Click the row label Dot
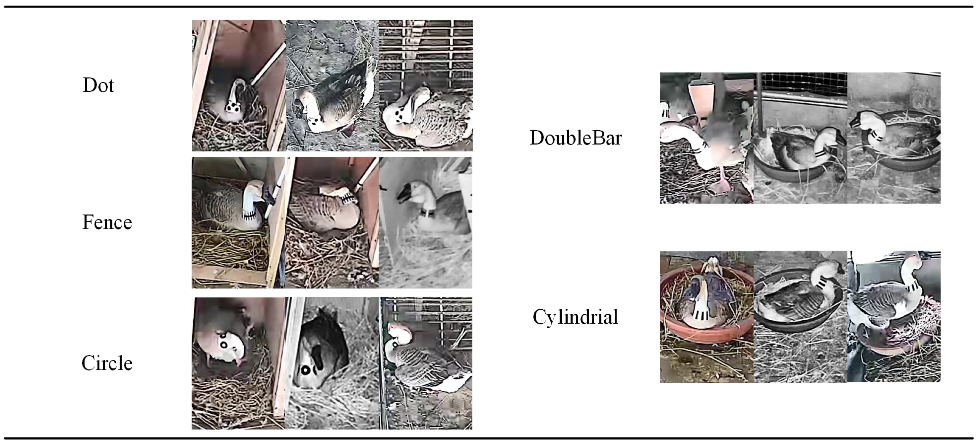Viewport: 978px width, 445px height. pyautogui.click(x=98, y=85)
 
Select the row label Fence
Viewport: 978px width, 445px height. pyautogui.click(x=107, y=222)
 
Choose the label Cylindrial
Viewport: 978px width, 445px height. pyautogui.click(x=576, y=317)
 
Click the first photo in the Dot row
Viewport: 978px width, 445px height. pyautogui.click(x=239, y=85)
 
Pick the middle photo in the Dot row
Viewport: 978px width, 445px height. pyautogui.click(x=332, y=85)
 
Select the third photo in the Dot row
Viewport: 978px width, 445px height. pyautogui.click(x=426, y=85)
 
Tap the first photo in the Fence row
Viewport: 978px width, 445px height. pyautogui.click(x=238, y=223)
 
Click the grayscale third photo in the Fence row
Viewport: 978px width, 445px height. pyautogui.click(x=426, y=223)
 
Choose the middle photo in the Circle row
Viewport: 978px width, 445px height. pyautogui.click(x=332, y=363)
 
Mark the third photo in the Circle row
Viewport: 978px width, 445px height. pyautogui.click(x=426, y=363)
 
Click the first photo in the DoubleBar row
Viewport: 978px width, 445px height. pyautogui.click(x=707, y=138)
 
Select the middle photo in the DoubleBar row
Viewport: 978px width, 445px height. pyautogui.click(x=800, y=138)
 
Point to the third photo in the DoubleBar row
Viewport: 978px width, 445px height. pyautogui.click(x=894, y=138)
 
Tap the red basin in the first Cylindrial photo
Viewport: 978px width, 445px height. pyautogui.click(x=670, y=327)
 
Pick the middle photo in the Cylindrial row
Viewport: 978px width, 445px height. pyautogui.click(x=800, y=316)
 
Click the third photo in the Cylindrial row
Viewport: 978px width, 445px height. pyautogui.click(x=894, y=316)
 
